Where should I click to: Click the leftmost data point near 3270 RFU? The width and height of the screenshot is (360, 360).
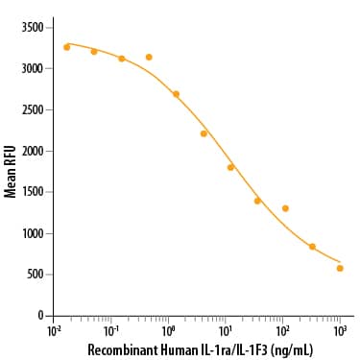point(66,46)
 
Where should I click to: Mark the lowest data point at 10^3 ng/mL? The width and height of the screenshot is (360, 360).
point(340,268)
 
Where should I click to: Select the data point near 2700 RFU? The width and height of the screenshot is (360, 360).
point(176,94)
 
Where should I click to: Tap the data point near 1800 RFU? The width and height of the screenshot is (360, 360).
point(230,167)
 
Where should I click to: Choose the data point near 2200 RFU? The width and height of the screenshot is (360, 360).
point(204,133)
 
